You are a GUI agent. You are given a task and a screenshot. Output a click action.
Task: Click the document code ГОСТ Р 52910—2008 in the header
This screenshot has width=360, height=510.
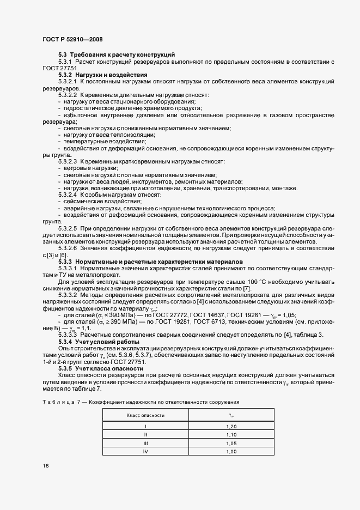72,39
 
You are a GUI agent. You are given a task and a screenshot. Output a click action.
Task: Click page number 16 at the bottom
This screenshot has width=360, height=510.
45,466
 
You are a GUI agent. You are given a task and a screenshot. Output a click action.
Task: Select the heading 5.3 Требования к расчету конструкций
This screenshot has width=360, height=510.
116,55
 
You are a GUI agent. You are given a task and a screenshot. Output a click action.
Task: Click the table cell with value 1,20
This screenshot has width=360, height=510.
230,426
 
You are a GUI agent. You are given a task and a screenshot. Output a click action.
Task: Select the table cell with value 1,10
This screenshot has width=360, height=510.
230,435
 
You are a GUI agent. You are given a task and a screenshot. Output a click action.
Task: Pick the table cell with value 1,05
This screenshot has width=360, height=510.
230,443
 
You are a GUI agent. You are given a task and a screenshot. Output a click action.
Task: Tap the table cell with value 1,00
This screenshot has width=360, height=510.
230,452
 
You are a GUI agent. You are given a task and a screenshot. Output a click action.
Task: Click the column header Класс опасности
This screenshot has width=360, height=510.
145,415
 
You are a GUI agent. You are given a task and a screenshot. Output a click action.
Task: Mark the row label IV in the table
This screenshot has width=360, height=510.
145,452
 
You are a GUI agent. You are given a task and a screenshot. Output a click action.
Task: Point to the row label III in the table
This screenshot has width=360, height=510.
145,443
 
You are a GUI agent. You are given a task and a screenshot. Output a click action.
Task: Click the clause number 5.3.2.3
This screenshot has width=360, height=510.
68,162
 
